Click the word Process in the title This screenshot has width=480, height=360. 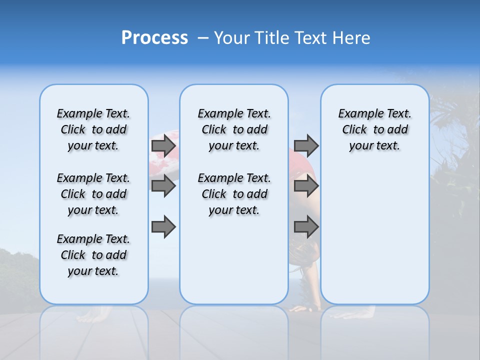[x=154, y=38]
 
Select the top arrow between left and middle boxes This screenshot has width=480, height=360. [x=163, y=146]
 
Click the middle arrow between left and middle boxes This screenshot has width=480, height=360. [x=163, y=186]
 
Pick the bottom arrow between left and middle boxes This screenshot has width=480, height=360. [x=163, y=227]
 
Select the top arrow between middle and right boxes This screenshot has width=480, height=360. [x=306, y=146]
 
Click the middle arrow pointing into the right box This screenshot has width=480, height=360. [x=306, y=186]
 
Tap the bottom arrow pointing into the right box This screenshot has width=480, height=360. [x=306, y=227]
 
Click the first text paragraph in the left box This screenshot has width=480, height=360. [x=93, y=129]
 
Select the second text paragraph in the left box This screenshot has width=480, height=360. [x=93, y=194]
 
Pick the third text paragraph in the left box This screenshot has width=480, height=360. [x=93, y=255]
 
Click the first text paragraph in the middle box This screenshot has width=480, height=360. [x=234, y=129]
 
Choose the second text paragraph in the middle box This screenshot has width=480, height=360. [x=234, y=194]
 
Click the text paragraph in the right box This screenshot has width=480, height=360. [x=374, y=129]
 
